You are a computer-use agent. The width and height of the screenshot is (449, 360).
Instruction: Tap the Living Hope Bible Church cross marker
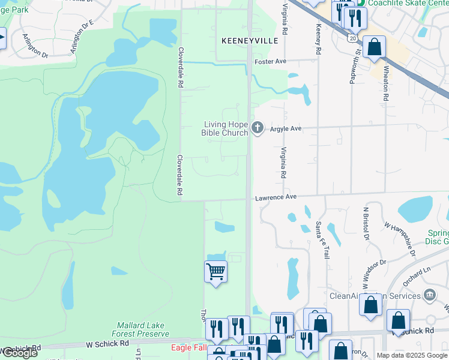point(258,127)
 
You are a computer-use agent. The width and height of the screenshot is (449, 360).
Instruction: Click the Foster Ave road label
point(270,62)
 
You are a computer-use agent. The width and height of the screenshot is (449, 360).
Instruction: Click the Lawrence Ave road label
point(276,197)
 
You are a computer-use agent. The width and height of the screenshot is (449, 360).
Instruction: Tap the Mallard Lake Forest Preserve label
point(140,329)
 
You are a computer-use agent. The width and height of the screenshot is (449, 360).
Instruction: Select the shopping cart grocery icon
point(215,271)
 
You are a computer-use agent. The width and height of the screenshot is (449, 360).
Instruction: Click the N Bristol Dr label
point(365,224)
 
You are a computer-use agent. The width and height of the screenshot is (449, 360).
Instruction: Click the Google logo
point(19,353)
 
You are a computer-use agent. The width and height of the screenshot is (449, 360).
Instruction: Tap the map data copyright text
point(412,355)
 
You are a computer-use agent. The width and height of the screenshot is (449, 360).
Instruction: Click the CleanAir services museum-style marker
point(429,295)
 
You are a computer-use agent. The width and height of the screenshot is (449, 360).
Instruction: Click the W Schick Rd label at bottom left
point(107,344)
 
